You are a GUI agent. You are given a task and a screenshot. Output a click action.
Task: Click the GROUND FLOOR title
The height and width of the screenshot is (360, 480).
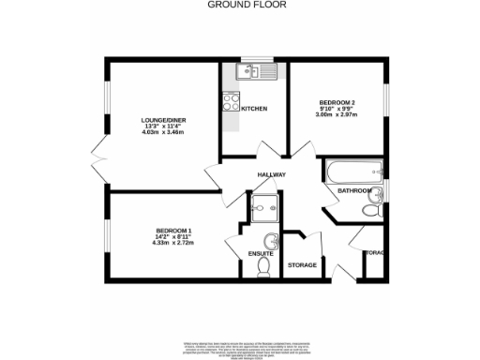(240, 5)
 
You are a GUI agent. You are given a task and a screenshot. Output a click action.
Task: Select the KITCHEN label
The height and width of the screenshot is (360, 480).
(254, 109)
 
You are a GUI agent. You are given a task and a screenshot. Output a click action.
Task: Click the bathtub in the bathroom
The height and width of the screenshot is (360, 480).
(352, 171)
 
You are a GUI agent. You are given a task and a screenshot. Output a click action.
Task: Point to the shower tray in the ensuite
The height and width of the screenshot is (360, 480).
(260, 206)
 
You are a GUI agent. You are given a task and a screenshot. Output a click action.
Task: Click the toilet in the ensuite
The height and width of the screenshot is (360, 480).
(264, 268)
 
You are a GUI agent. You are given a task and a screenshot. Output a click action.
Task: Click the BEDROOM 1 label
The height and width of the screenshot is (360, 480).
(174, 231)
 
